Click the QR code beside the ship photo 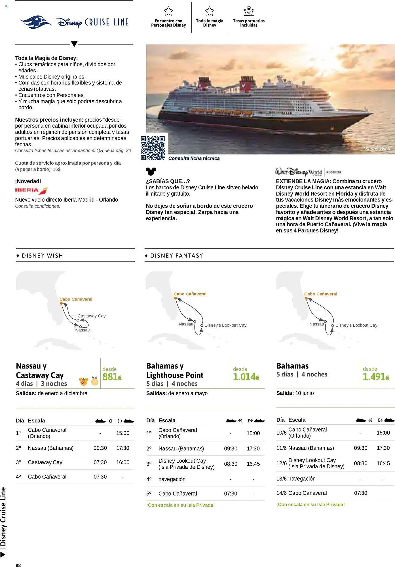[x=153, y=148]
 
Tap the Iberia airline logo [x=31, y=190]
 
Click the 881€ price [x=112, y=377]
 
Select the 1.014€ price [x=246, y=377]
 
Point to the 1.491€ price [x=376, y=377]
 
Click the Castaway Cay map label [x=91, y=316]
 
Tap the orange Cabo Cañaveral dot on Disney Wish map [x=61, y=304]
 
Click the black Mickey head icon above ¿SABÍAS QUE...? [x=151, y=171]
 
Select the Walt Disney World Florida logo [x=308, y=172]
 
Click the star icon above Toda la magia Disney [x=210, y=11]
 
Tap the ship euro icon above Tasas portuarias [x=249, y=11]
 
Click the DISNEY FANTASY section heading [x=176, y=256]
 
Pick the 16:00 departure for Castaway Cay [x=122, y=462]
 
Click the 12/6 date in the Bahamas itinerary [x=281, y=463]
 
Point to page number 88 [x=18, y=565]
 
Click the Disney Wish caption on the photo [x=377, y=149]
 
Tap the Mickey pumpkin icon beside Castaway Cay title [x=84, y=381]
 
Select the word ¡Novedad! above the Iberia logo [x=28, y=181]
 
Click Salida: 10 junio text [x=295, y=393]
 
